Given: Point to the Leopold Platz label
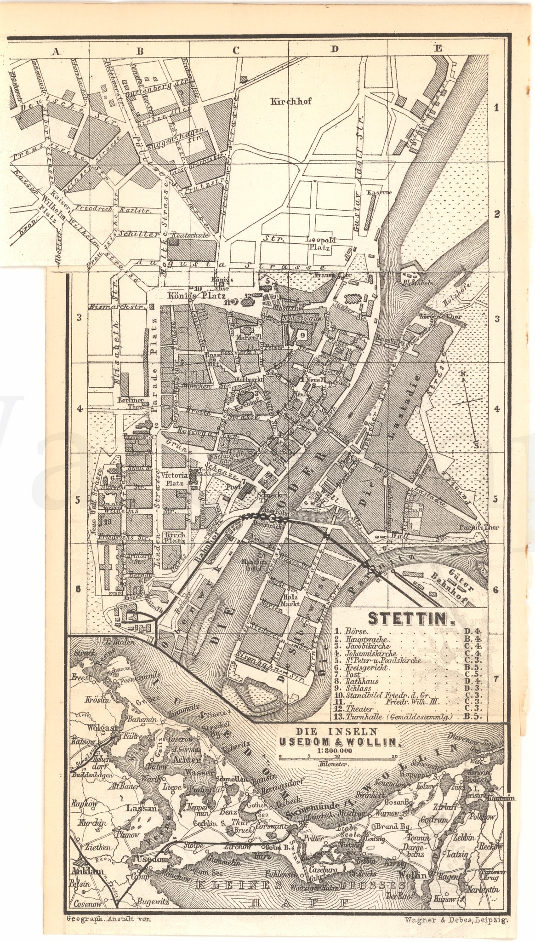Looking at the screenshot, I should pyautogui.click(x=322, y=244).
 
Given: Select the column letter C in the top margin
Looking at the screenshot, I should pyautogui.click(x=236, y=52).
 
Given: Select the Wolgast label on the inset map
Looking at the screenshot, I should pyautogui.click(x=85, y=728).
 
